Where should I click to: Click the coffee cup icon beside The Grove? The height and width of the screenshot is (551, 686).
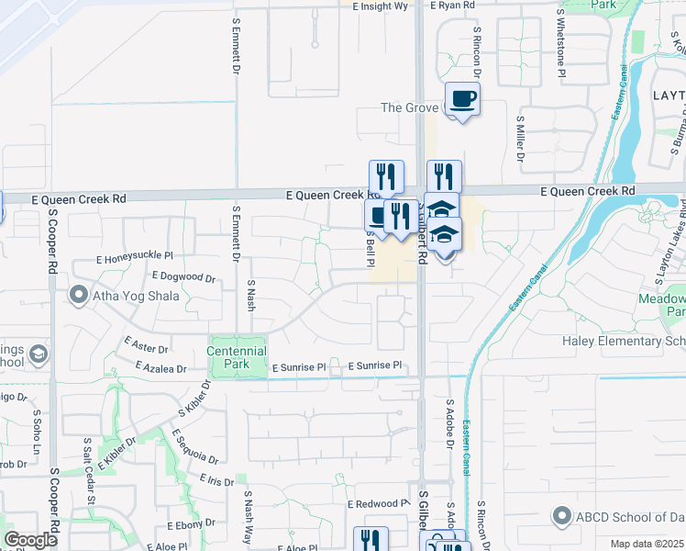(462, 98)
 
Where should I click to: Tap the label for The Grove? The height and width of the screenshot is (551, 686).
(409, 107)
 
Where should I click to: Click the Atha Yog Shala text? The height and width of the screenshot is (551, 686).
(136, 296)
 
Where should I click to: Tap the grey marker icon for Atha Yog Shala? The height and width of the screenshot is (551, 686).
(78, 295)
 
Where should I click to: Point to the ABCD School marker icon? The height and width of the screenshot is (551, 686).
(562, 515)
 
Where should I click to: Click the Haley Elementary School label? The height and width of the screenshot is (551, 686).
(624, 342)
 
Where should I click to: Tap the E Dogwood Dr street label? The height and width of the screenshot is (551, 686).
(183, 276)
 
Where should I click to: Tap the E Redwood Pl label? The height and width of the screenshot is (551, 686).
(378, 504)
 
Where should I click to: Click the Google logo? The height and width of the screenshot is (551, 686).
(31, 540)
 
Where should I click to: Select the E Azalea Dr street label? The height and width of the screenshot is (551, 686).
(160, 368)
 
